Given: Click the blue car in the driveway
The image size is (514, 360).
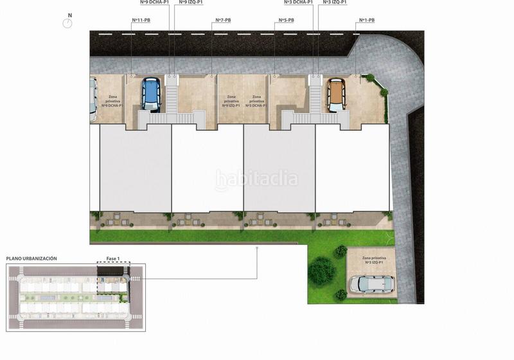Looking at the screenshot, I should (150, 94).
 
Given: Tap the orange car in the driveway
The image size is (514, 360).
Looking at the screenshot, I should (336, 94).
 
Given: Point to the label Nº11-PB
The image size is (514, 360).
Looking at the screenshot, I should (141, 20).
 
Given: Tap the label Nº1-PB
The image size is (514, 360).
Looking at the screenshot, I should (365, 20).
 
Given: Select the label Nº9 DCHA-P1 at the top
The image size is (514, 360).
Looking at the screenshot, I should (154, 3).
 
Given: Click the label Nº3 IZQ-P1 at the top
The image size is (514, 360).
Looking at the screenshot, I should (335, 3).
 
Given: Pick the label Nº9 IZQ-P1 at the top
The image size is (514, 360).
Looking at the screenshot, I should (190, 3).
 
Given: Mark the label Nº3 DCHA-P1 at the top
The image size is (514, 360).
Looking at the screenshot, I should (298, 3).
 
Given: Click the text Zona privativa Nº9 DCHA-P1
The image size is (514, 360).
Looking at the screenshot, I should (112, 101).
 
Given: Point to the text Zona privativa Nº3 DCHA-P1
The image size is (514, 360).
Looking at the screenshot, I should (256, 101).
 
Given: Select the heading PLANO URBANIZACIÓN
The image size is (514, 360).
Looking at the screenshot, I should (31, 258).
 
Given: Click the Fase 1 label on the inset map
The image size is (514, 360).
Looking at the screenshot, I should (113, 258).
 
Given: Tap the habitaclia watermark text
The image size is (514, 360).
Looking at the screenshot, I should (257, 177).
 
